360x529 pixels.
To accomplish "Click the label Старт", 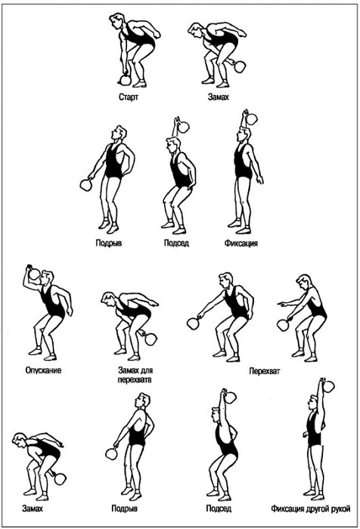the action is point(129,97).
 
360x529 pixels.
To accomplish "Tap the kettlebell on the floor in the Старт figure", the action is point(125,80).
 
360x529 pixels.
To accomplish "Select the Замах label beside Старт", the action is point(218,97).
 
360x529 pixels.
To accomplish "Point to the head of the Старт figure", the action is point(116,21).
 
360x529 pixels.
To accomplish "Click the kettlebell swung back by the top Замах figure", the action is point(239,67).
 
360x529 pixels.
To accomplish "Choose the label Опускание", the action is point(43,370).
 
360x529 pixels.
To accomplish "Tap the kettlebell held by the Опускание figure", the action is point(33,274).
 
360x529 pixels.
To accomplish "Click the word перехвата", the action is point(135,379).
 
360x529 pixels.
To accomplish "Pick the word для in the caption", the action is point(147,370).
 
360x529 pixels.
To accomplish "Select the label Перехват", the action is point(265,371).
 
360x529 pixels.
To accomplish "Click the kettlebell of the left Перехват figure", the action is point(193,323).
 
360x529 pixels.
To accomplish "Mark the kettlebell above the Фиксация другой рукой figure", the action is point(327,385).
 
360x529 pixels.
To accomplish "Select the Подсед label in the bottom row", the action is point(219,508).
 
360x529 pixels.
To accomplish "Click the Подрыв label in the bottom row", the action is point(124,508).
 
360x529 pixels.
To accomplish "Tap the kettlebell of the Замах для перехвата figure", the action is point(151,338).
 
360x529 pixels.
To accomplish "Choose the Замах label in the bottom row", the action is point(33,508).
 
